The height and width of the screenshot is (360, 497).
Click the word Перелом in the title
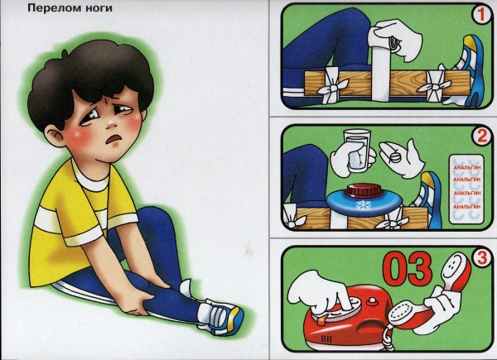coord(50,8)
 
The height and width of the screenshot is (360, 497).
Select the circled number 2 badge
coord(482,136)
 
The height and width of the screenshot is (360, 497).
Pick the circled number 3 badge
coord(482,258)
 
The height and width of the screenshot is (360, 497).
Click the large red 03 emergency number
coord(408,270)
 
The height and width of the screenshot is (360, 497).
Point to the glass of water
coord(358,149)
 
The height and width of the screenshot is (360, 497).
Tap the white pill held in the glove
coord(396,156)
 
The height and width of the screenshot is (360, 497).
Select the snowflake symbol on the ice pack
coord(364,205)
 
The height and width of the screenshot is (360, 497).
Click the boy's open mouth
coord(115,138)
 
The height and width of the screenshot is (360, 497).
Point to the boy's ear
coord(55,135)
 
